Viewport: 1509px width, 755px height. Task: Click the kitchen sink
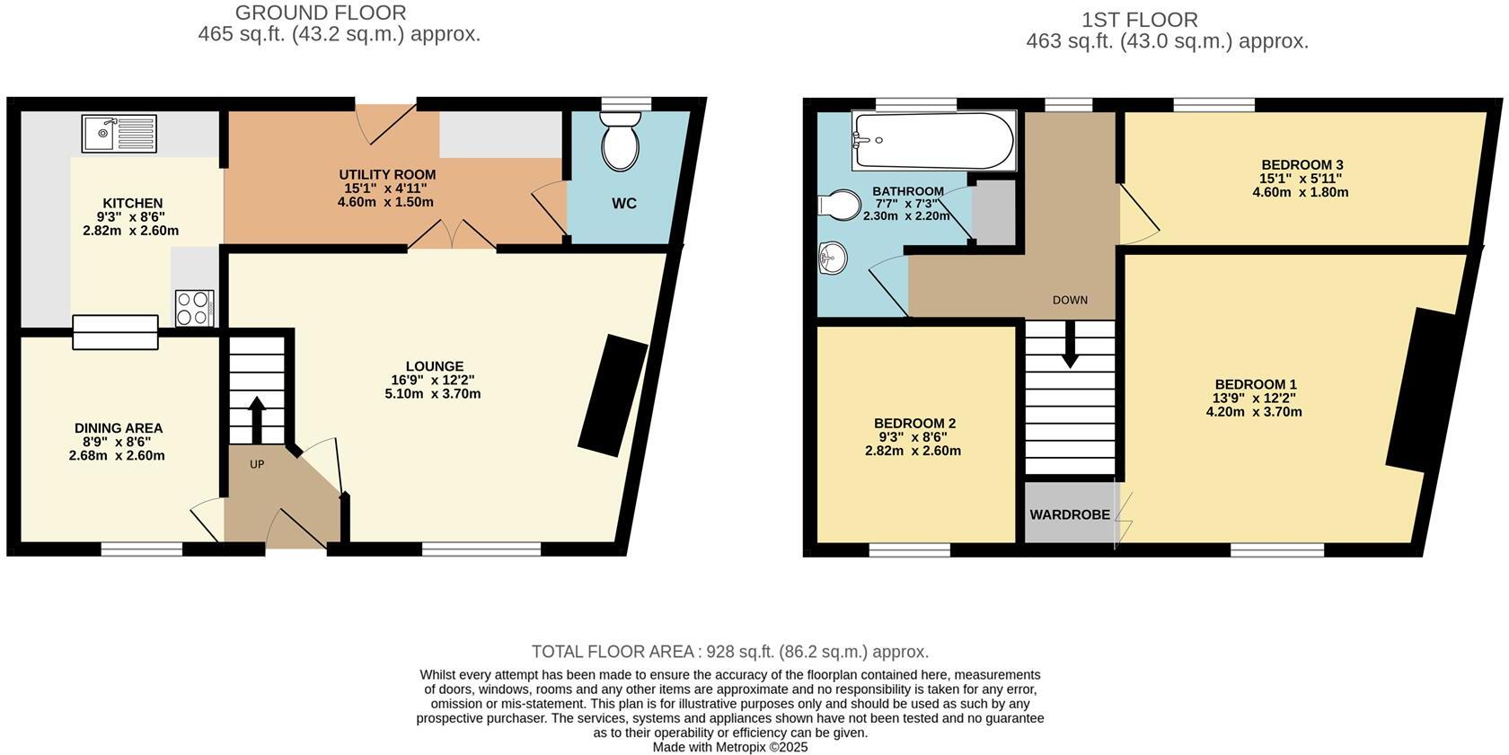pos(119,134)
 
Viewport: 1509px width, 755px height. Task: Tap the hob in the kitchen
pos(194,308)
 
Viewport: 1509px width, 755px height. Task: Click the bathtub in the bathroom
pos(933,140)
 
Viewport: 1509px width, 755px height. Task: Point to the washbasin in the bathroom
pos(833,259)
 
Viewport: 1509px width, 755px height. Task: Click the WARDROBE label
pos(1070,515)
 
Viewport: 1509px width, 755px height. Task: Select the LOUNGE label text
pos(435,366)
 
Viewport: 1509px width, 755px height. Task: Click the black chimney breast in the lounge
pos(613,394)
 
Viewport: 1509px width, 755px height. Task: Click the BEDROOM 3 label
pos(1302,165)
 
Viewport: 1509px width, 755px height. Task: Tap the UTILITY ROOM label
pos(387,175)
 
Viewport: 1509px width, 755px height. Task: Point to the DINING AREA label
pos(119,428)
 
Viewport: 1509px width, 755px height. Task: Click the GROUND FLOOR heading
pos(321,13)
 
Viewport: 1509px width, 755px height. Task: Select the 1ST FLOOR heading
pos(1139,20)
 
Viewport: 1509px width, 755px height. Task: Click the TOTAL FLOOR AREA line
pos(729,652)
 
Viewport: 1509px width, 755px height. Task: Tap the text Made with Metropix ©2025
pos(729,747)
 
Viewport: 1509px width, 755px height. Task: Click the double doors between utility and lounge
pos(453,235)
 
